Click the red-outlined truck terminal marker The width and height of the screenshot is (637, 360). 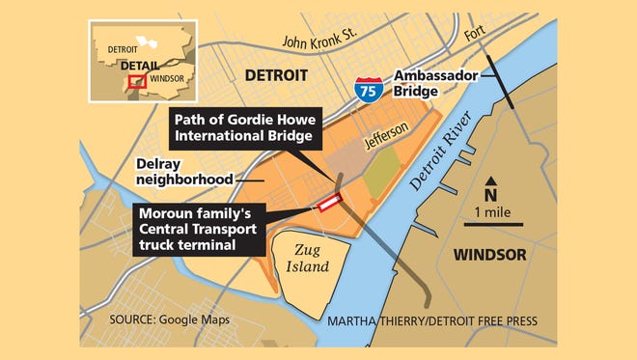point(328,203)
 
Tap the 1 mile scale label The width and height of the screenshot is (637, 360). point(491,210)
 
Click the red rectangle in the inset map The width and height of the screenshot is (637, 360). point(137,82)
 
